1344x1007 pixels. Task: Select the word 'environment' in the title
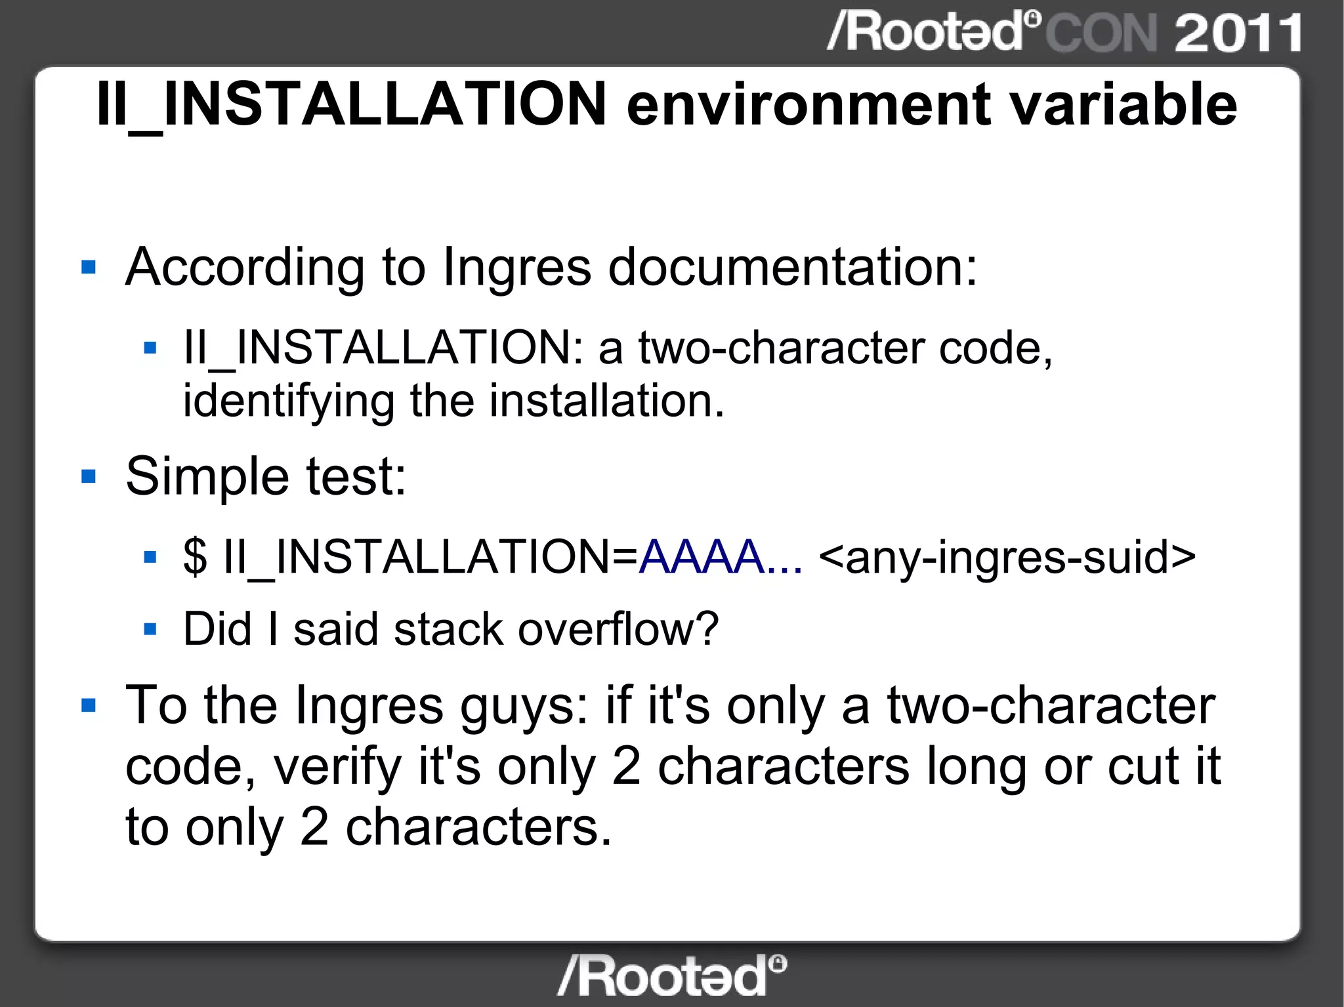(808, 105)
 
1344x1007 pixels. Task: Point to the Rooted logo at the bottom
(671, 976)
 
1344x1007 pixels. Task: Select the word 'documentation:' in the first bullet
(793, 268)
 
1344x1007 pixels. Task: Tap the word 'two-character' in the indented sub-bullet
(781, 348)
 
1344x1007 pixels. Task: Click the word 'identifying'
(289, 401)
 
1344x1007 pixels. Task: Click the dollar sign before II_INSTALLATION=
(195, 558)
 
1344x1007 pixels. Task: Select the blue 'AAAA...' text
(721, 558)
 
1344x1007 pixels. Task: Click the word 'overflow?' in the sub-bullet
(618, 630)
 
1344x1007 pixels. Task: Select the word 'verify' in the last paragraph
(337, 768)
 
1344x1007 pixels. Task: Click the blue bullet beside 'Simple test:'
(89, 476)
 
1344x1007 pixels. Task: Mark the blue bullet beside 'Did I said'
(150, 630)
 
